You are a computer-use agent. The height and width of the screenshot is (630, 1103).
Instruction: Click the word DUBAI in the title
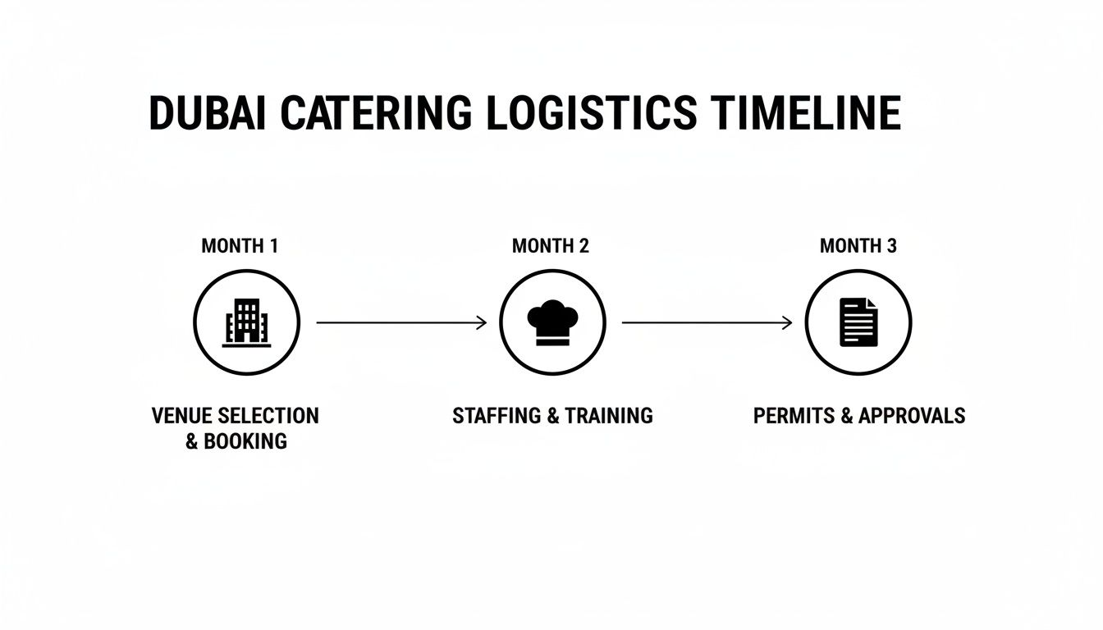tap(207, 113)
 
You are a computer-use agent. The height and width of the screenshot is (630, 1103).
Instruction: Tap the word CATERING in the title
tap(376, 113)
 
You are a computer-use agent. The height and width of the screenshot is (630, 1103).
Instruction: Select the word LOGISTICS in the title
tap(592, 113)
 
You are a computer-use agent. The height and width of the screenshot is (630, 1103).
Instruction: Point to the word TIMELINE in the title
tap(805, 113)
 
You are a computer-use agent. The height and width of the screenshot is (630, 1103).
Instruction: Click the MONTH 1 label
tap(240, 245)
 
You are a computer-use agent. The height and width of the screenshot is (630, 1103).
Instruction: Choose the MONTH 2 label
tap(551, 245)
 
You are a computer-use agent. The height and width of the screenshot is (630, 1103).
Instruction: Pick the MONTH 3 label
tap(858, 245)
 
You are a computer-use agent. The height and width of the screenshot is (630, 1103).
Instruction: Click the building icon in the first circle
tap(246, 322)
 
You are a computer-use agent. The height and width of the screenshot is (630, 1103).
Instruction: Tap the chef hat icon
tap(552, 322)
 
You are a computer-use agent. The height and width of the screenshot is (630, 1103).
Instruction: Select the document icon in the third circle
tap(858, 322)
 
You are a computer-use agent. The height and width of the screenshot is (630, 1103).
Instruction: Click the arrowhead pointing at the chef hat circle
tap(482, 323)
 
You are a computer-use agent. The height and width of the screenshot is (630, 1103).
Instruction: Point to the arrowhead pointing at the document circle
tap(787, 323)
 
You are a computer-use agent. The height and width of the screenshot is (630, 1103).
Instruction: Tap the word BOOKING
tap(245, 441)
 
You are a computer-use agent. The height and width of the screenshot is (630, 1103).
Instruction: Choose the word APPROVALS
tap(912, 416)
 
